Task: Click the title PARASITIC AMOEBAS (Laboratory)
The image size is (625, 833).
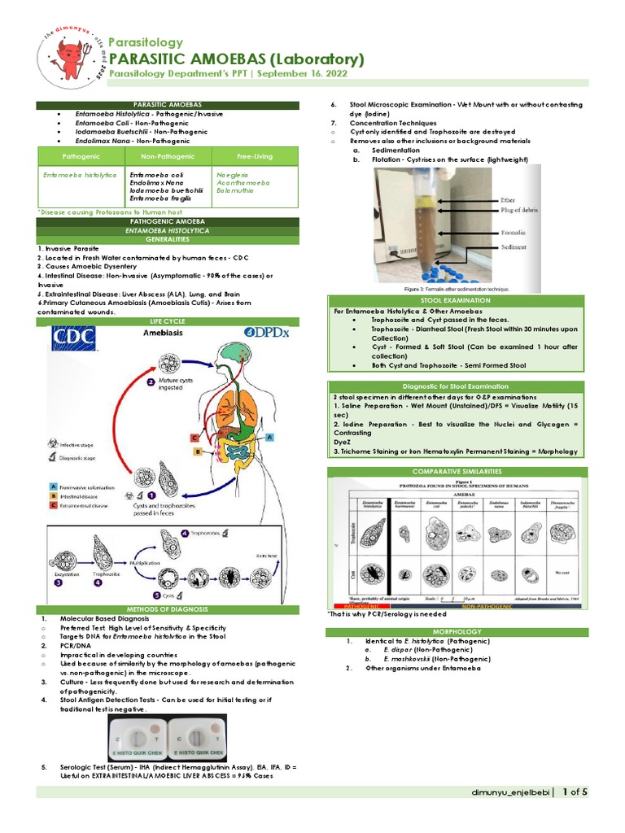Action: pyautogui.click(x=236, y=59)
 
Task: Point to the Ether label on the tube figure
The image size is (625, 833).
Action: pyautogui.click(x=507, y=198)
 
